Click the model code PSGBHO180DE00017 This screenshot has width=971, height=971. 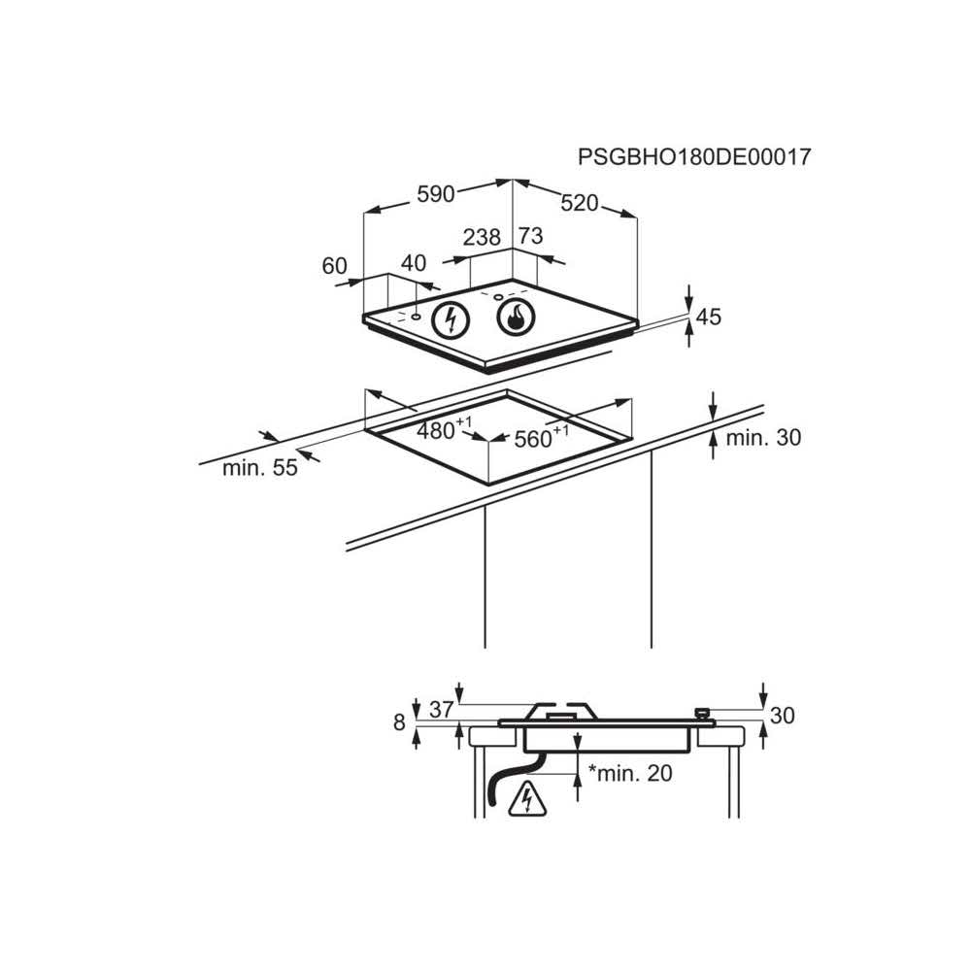(693, 156)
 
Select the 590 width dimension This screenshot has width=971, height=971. (436, 194)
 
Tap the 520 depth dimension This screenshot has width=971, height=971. (580, 203)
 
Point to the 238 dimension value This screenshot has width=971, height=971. (482, 237)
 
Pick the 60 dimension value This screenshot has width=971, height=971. (334, 266)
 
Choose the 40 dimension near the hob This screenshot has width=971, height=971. (414, 263)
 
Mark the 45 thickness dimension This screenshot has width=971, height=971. (709, 317)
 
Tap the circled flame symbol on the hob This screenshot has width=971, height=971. (516, 317)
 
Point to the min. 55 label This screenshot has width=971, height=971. (259, 468)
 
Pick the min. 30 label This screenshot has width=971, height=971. (763, 438)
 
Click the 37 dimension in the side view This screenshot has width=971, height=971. (442, 710)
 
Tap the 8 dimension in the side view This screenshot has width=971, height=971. (399, 723)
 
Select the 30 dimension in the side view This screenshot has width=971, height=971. (782, 717)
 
